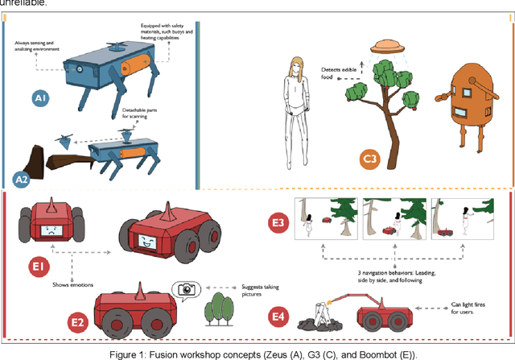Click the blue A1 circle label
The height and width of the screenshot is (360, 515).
pyautogui.click(x=39, y=98)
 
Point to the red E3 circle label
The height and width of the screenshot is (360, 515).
pyautogui.click(x=275, y=220)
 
